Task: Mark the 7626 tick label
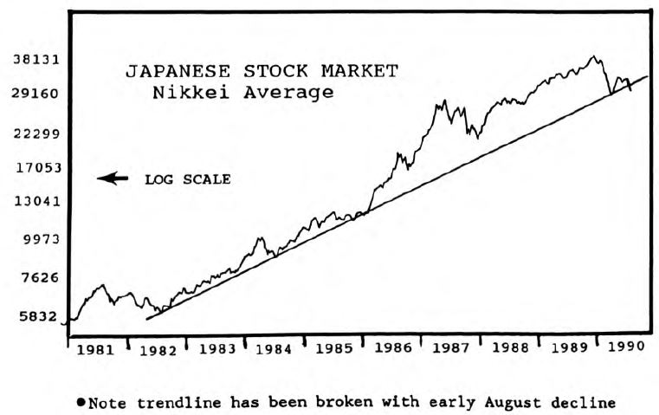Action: [x=37, y=278]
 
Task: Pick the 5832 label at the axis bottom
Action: [x=37, y=317]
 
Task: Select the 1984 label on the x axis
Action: [x=275, y=351]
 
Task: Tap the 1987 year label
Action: [x=451, y=351]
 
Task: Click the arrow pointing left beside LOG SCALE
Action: [x=113, y=178]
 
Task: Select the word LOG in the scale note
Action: [x=159, y=179]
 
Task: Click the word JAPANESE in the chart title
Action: [x=176, y=72]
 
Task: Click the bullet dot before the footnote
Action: [x=81, y=402]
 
